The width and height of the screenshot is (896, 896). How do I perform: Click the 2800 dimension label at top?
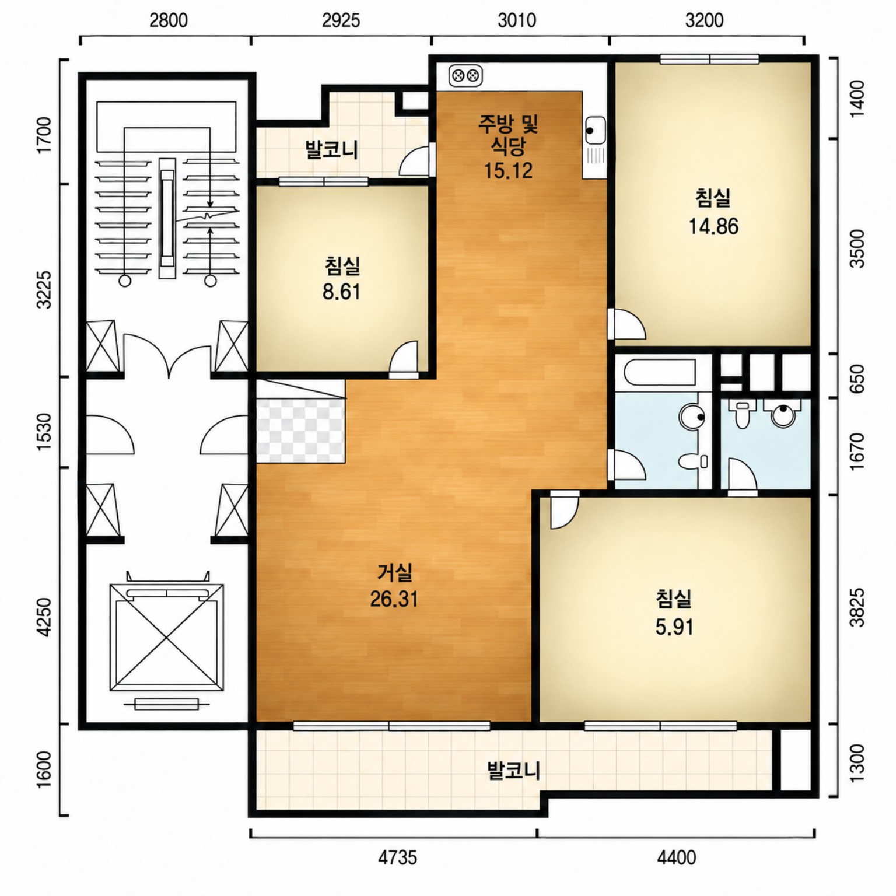point(169,20)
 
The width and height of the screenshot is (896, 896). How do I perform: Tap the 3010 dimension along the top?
point(517,20)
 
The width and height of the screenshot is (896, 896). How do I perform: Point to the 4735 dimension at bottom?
point(398,857)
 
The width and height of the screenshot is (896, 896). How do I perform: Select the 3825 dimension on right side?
point(857,607)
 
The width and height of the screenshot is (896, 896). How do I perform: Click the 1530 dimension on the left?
point(44,432)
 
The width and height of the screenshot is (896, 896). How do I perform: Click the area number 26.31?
point(394,599)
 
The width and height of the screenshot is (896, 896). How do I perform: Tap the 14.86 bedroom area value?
point(713,226)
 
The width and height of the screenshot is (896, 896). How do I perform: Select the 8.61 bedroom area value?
point(342,292)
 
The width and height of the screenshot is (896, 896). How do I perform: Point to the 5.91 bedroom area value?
point(674,627)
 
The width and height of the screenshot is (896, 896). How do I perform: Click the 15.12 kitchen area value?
point(508,170)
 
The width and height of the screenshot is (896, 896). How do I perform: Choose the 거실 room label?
point(395,573)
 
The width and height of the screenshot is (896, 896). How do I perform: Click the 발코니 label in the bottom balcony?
point(513,770)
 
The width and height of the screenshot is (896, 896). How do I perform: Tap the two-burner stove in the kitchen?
point(466,75)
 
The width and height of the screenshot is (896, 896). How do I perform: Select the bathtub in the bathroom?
point(659,373)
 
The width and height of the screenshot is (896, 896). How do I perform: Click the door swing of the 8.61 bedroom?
point(404,356)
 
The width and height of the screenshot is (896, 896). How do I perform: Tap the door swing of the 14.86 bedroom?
point(626,324)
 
